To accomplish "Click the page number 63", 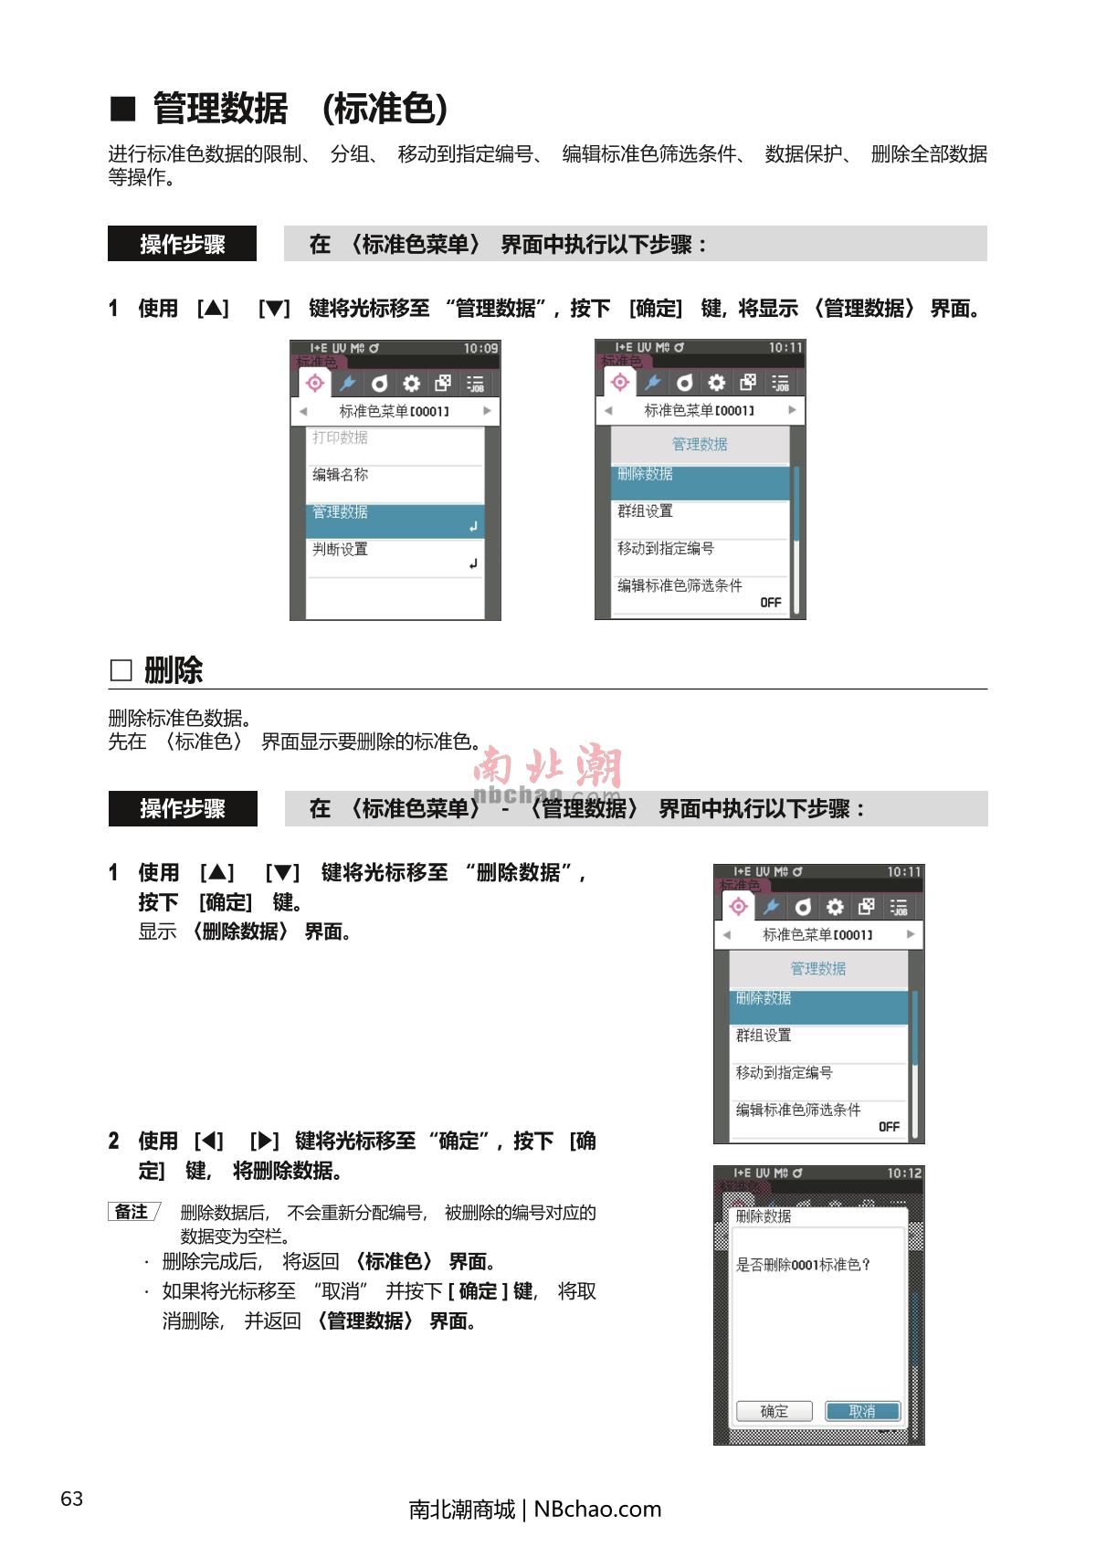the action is (x=72, y=1498).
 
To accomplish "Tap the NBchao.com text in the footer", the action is (x=597, y=1509).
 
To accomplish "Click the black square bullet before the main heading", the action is (x=123, y=109).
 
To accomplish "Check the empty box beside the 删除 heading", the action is (x=121, y=669).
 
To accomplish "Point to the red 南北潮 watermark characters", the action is (x=548, y=764).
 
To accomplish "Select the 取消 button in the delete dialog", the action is (x=862, y=1411).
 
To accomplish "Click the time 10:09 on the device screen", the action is (x=480, y=348).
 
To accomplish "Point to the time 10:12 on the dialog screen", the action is (x=904, y=1173).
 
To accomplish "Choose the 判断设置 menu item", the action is (x=340, y=549).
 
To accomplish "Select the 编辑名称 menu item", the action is (x=340, y=475).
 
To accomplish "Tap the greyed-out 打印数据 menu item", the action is (x=340, y=437).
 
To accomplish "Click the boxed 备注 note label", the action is (x=133, y=1212).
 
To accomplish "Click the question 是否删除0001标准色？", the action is (x=803, y=1265).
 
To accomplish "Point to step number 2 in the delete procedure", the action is (x=114, y=1141).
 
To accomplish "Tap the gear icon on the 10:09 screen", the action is (x=412, y=384).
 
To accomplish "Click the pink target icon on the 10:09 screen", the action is (x=315, y=383).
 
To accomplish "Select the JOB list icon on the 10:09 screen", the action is (x=475, y=384).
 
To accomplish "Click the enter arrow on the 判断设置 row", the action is (x=473, y=564).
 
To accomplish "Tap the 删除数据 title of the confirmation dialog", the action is (x=764, y=1216).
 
